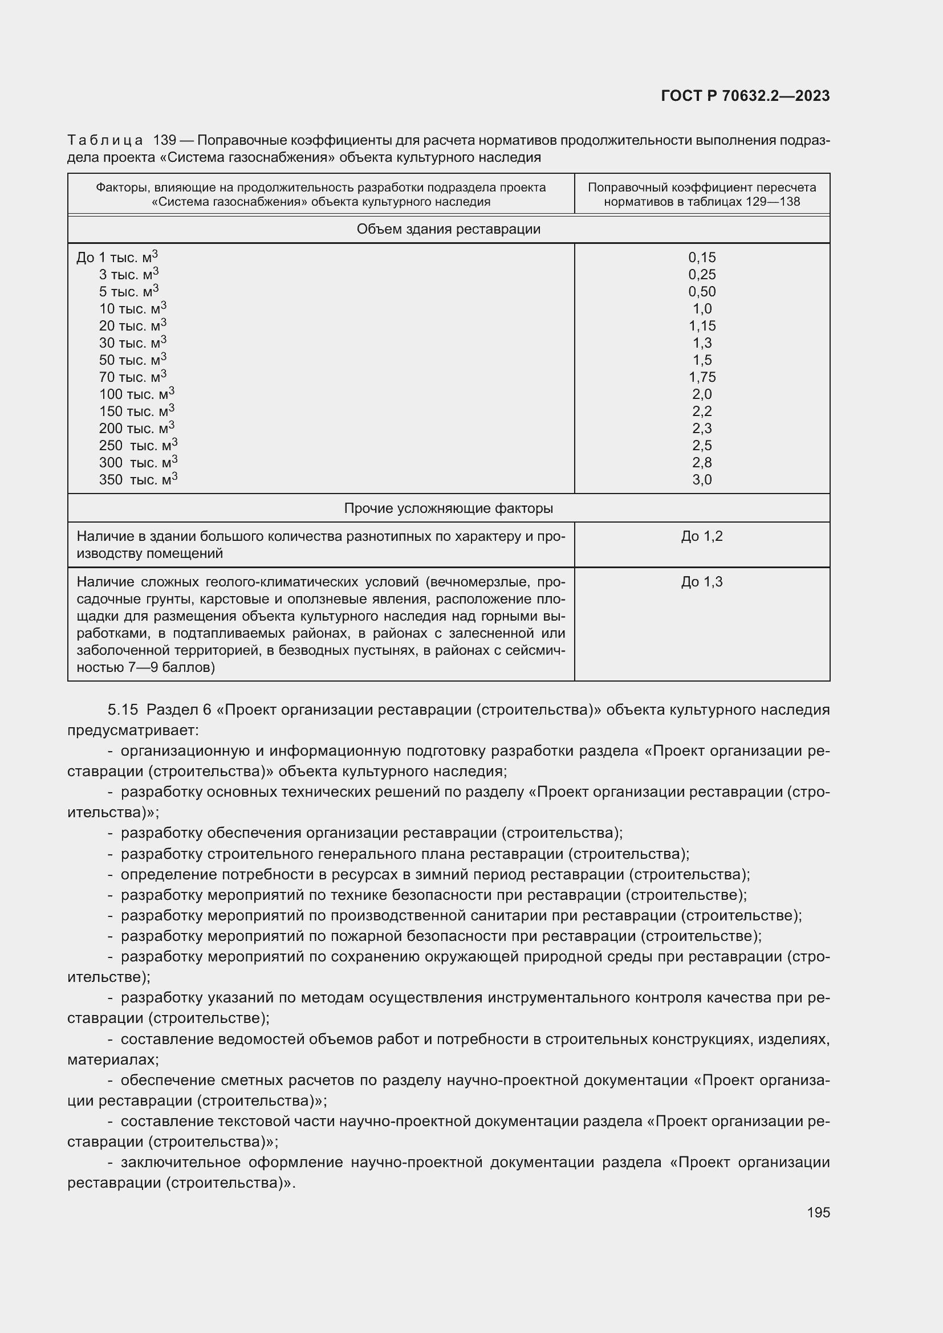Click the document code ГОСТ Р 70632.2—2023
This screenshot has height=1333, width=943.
coord(745,96)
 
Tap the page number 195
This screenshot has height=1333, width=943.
coord(818,1212)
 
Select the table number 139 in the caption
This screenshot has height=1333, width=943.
coord(164,141)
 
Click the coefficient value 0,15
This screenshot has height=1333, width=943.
coord(701,257)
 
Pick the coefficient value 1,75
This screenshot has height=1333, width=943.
coord(701,377)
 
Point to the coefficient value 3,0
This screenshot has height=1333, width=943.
coord(701,480)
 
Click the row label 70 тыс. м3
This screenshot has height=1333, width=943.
coord(132,377)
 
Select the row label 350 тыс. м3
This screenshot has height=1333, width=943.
coord(137,480)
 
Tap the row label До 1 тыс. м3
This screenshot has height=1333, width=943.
coord(117,257)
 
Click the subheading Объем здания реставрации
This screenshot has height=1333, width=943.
coord(448,229)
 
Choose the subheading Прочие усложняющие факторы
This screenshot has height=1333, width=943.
coord(448,508)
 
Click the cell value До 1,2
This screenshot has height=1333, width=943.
coord(701,536)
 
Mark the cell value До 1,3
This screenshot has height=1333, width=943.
coord(701,582)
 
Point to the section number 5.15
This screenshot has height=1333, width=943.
coord(123,710)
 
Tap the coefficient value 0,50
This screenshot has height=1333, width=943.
coord(701,291)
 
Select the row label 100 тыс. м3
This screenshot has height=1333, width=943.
coord(136,394)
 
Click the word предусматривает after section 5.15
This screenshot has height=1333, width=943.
coord(132,730)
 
